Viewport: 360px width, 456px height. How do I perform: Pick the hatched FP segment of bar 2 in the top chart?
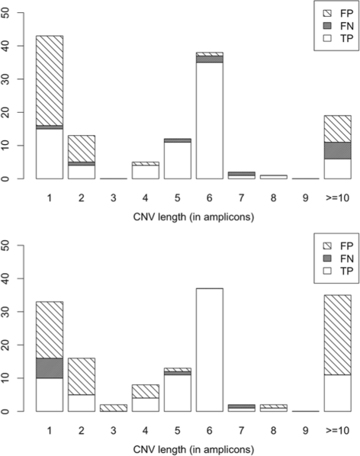[x=81, y=148]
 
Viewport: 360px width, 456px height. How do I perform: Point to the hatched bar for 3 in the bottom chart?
[x=113, y=408]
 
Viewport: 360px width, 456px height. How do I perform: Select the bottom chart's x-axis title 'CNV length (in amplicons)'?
[x=192, y=445]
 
